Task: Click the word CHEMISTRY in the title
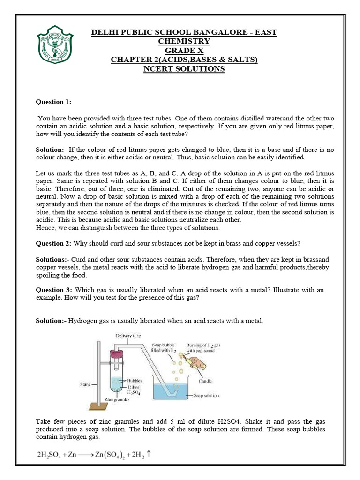tap(184, 41)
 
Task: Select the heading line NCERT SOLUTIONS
tap(184, 69)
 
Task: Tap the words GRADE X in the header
tap(184, 51)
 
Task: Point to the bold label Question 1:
tap(54, 102)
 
